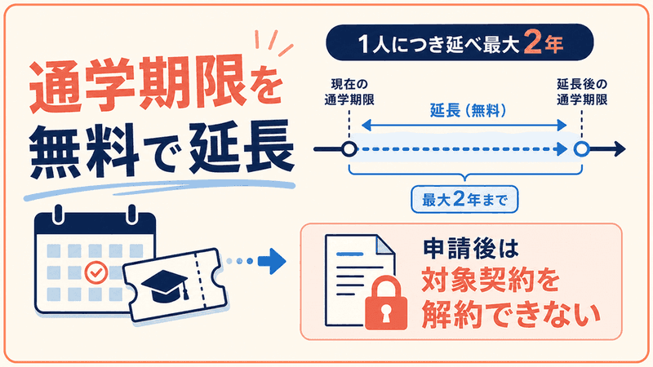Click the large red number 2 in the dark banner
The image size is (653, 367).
[x=532, y=42]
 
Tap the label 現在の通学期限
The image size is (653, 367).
[x=349, y=92]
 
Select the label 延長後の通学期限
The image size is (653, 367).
[x=582, y=92]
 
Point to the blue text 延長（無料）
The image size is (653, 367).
[x=468, y=111]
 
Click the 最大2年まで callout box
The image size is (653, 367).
[x=464, y=200]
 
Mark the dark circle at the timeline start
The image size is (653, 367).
[x=349, y=149]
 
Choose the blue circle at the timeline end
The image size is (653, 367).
[x=581, y=149]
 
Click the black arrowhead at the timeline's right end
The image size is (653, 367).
[x=620, y=149]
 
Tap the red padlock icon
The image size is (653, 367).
[x=385, y=303]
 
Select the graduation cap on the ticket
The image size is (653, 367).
[x=166, y=285]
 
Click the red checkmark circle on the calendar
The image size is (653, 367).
[x=96, y=272]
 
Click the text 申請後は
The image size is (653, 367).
[x=471, y=249]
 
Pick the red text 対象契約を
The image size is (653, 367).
[x=491, y=281]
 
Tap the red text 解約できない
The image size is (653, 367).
[x=511, y=314]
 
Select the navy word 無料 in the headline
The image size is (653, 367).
[x=85, y=151]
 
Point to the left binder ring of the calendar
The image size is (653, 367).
[x=58, y=214]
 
